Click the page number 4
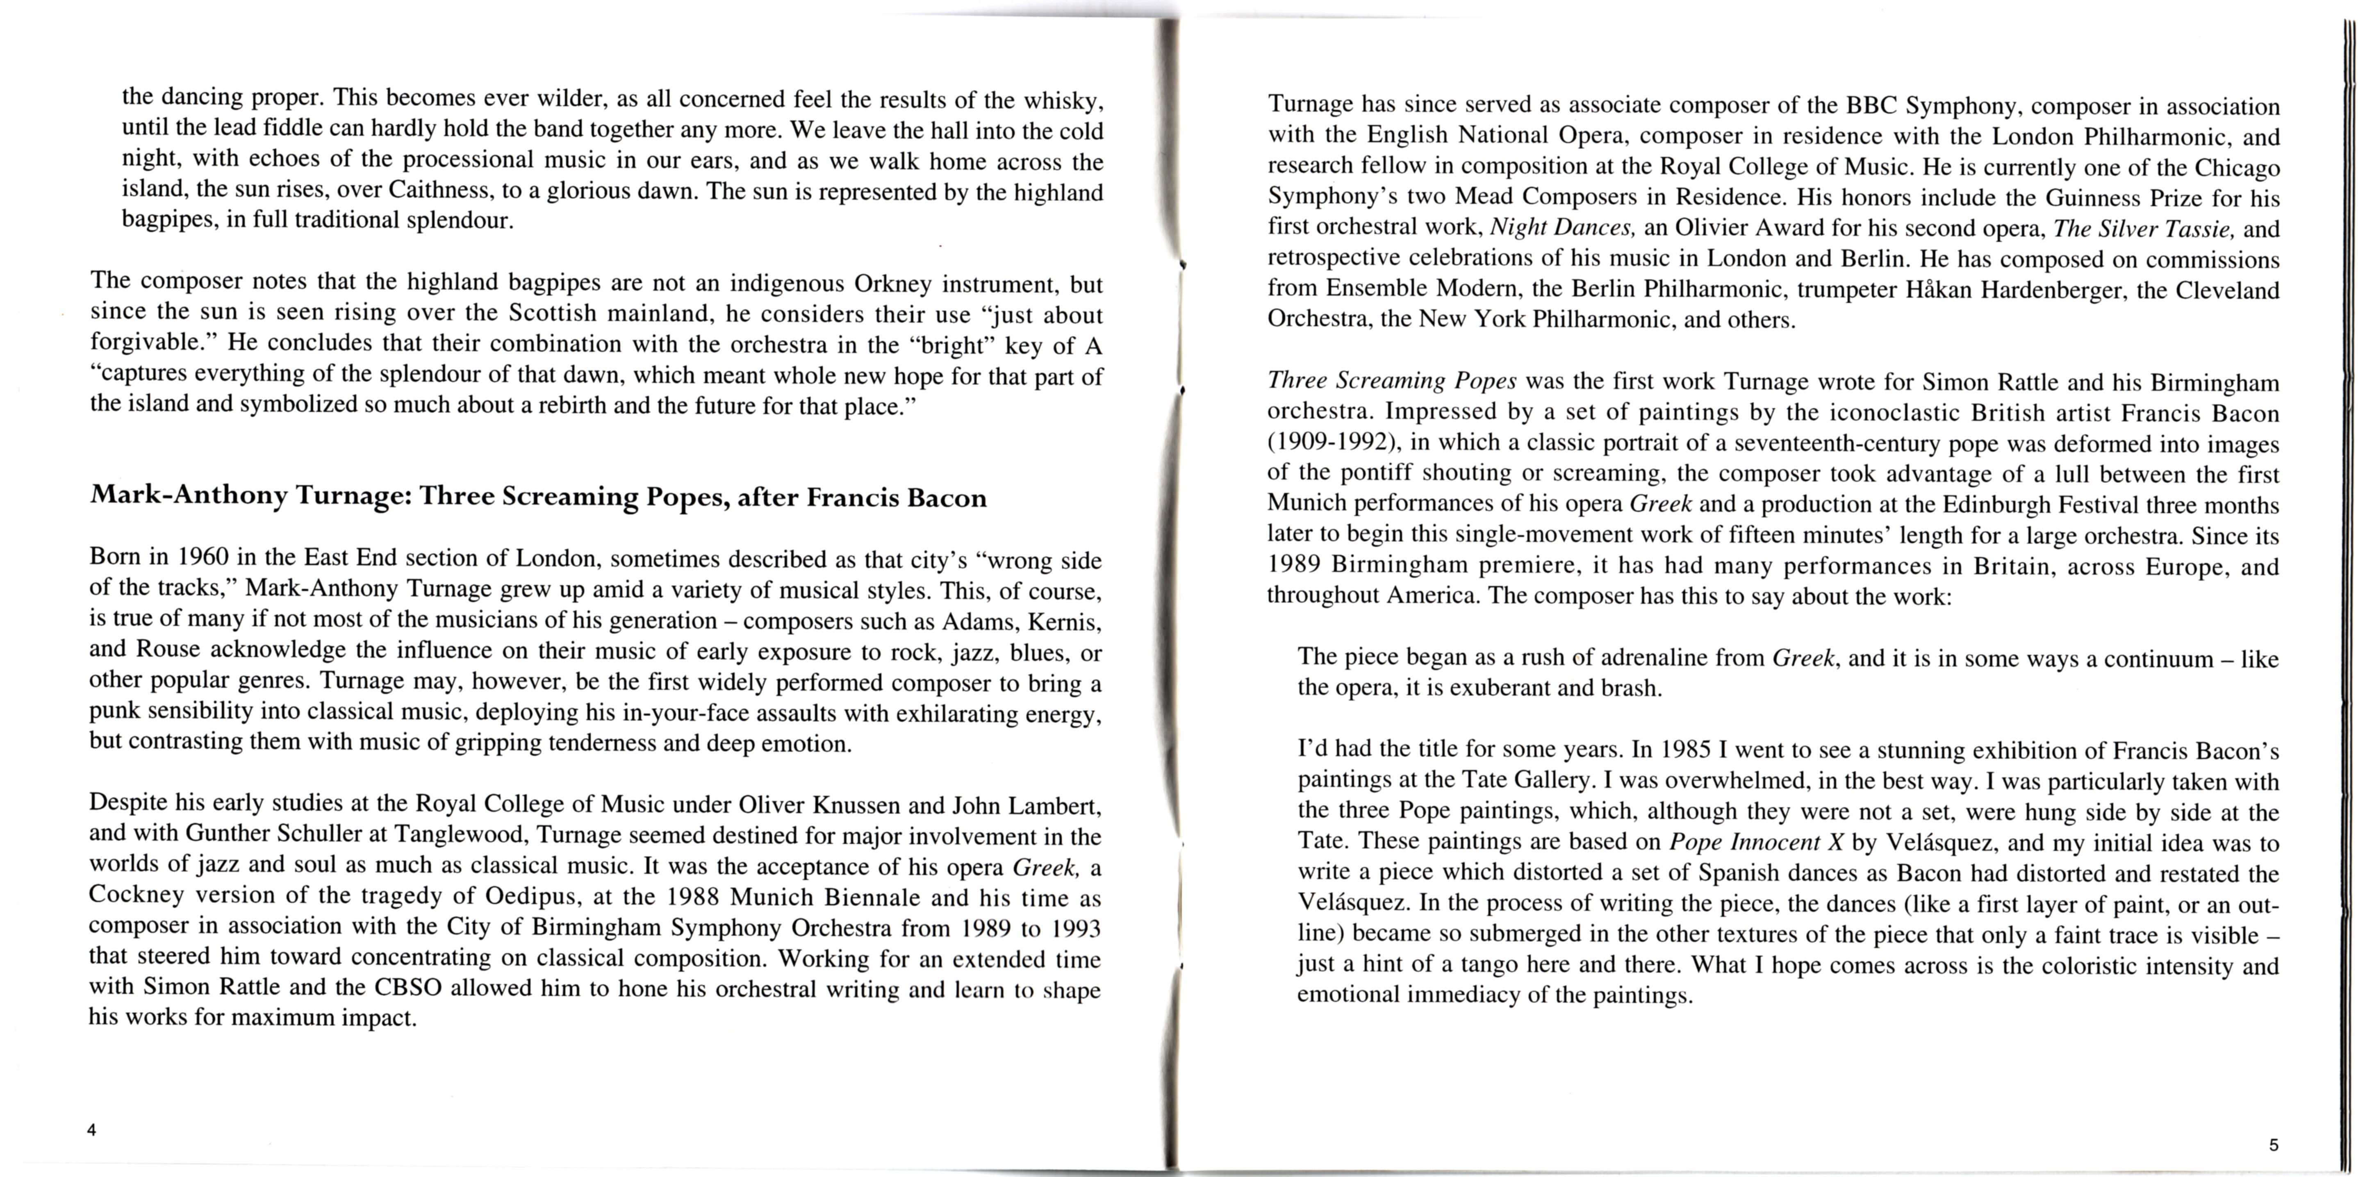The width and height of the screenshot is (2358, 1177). coord(91,1129)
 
